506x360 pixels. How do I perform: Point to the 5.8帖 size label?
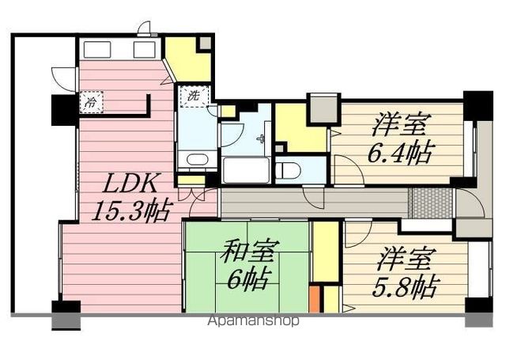[x=406, y=286]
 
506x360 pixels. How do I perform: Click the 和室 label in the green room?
[x=247, y=251]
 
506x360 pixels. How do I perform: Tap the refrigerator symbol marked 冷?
[x=92, y=102]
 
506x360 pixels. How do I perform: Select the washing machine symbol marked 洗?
[x=194, y=96]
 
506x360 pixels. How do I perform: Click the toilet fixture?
[x=288, y=170]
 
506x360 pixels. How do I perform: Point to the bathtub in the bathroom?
[x=246, y=170]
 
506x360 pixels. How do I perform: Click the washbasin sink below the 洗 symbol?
[x=197, y=160]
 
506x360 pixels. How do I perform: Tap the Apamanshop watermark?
[x=254, y=320]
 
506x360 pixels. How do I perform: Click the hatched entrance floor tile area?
[x=432, y=203]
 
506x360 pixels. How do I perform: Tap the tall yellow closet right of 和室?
[x=326, y=252]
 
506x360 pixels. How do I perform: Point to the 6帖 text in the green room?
[x=247, y=279]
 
